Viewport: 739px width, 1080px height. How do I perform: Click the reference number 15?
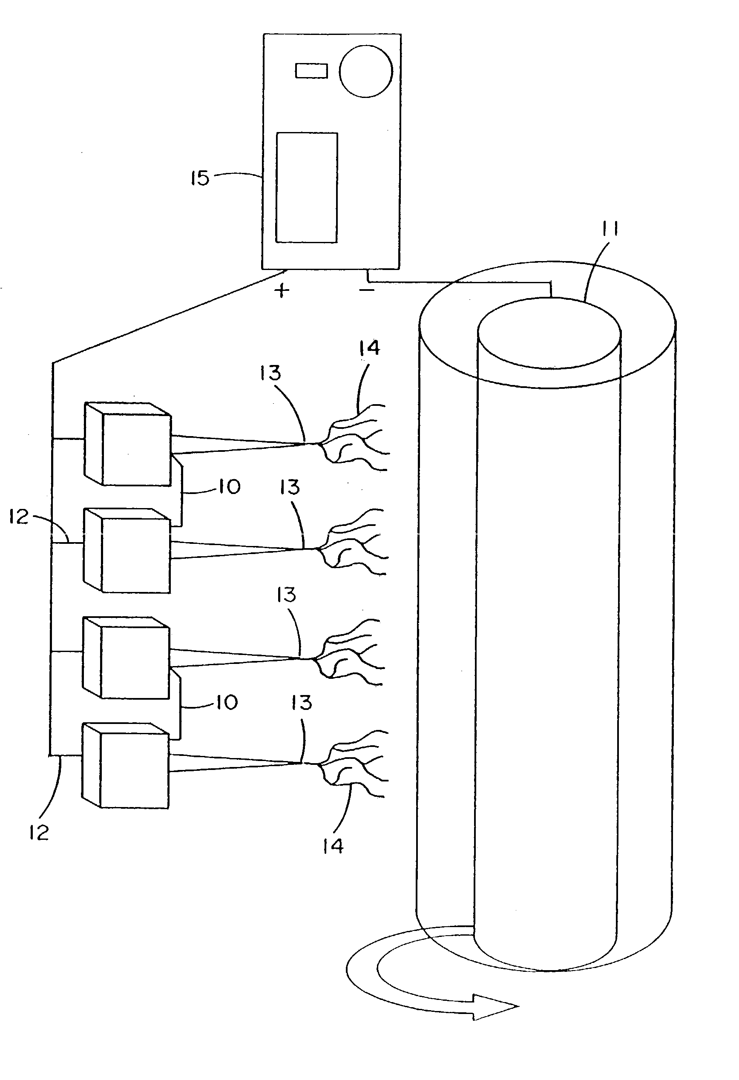coord(200,178)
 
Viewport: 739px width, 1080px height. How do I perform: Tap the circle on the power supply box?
coord(366,71)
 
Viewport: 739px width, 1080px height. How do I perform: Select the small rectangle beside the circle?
coord(311,71)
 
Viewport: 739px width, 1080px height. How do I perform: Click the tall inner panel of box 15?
coord(307,188)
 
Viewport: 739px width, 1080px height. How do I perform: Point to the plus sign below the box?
coord(282,290)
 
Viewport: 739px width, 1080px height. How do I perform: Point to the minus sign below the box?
coord(367,290)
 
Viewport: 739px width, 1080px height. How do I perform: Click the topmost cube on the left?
coord(128,444)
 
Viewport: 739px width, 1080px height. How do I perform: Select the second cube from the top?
coord(127,551)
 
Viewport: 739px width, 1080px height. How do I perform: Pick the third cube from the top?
coord(126,658)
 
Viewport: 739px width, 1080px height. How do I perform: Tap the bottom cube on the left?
coord(126,766)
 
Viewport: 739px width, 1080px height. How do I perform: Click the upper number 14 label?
coord(369,348)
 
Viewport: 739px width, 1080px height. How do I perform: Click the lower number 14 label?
coord(333,846)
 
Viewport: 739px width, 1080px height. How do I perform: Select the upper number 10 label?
coord(229,487)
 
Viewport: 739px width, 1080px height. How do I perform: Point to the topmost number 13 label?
coord(270,373)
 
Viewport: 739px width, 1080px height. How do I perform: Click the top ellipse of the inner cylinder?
coord(549,333)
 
